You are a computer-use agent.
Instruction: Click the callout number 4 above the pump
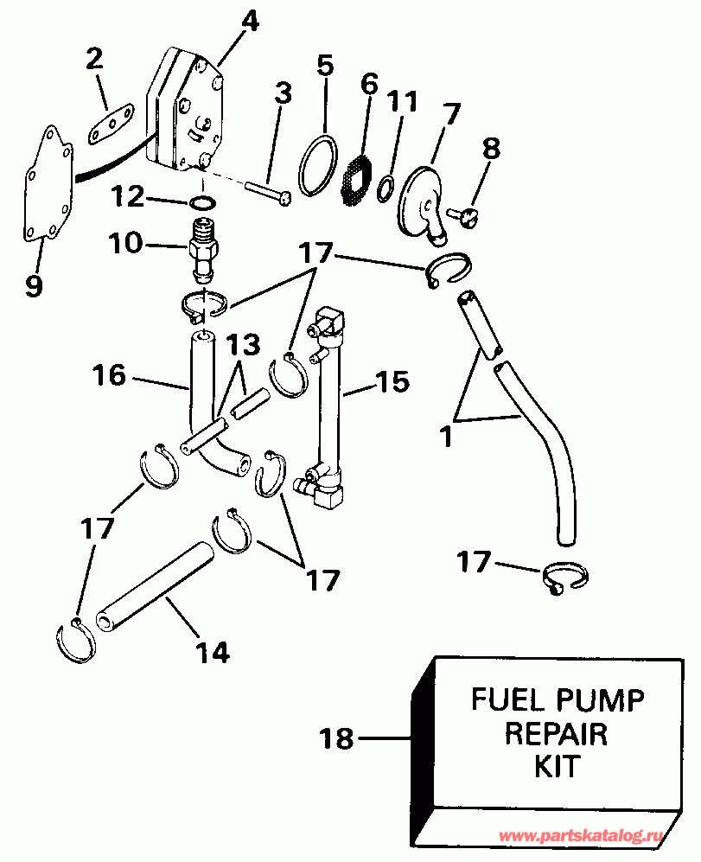point(249,21)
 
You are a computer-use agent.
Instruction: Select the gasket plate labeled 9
point(43,186)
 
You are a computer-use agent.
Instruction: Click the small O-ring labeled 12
point(201,203)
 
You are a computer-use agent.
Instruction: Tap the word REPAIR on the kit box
point(556,733)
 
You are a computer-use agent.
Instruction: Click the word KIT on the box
point(557,766)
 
